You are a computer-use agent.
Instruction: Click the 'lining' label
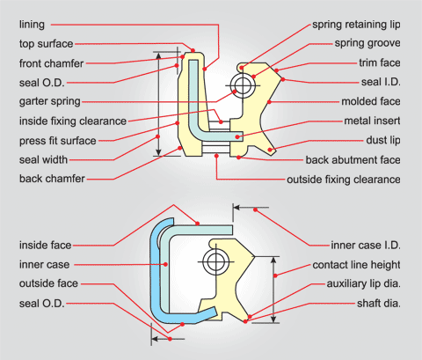(32, 25)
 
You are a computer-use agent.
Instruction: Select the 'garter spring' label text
(50, 101)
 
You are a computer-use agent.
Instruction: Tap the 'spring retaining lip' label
(356, 25)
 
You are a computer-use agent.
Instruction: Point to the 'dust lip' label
(383, 140)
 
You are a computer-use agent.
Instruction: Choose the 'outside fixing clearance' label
(344, 180)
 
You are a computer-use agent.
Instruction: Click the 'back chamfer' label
(52, 179)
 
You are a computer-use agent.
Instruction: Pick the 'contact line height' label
(356, 265)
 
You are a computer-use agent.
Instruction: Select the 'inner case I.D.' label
(366, 245)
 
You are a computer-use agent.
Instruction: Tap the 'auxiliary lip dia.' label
(363, 283)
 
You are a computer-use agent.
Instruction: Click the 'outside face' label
(48, 283)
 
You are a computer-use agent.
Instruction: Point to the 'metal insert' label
(372, 121)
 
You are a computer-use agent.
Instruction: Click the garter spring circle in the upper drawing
(243, 85)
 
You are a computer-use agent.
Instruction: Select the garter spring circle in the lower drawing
(215, 261)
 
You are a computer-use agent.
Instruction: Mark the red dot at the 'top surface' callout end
(193, 50)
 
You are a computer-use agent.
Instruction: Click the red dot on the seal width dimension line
(157, 136)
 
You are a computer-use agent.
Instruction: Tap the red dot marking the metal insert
(237, 136)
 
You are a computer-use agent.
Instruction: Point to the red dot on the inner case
(165, 264)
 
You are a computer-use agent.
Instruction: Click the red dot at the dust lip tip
(270, 150)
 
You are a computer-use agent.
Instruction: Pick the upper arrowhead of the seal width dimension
(158, 56)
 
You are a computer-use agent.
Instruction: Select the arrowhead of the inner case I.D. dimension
(236, 208)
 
